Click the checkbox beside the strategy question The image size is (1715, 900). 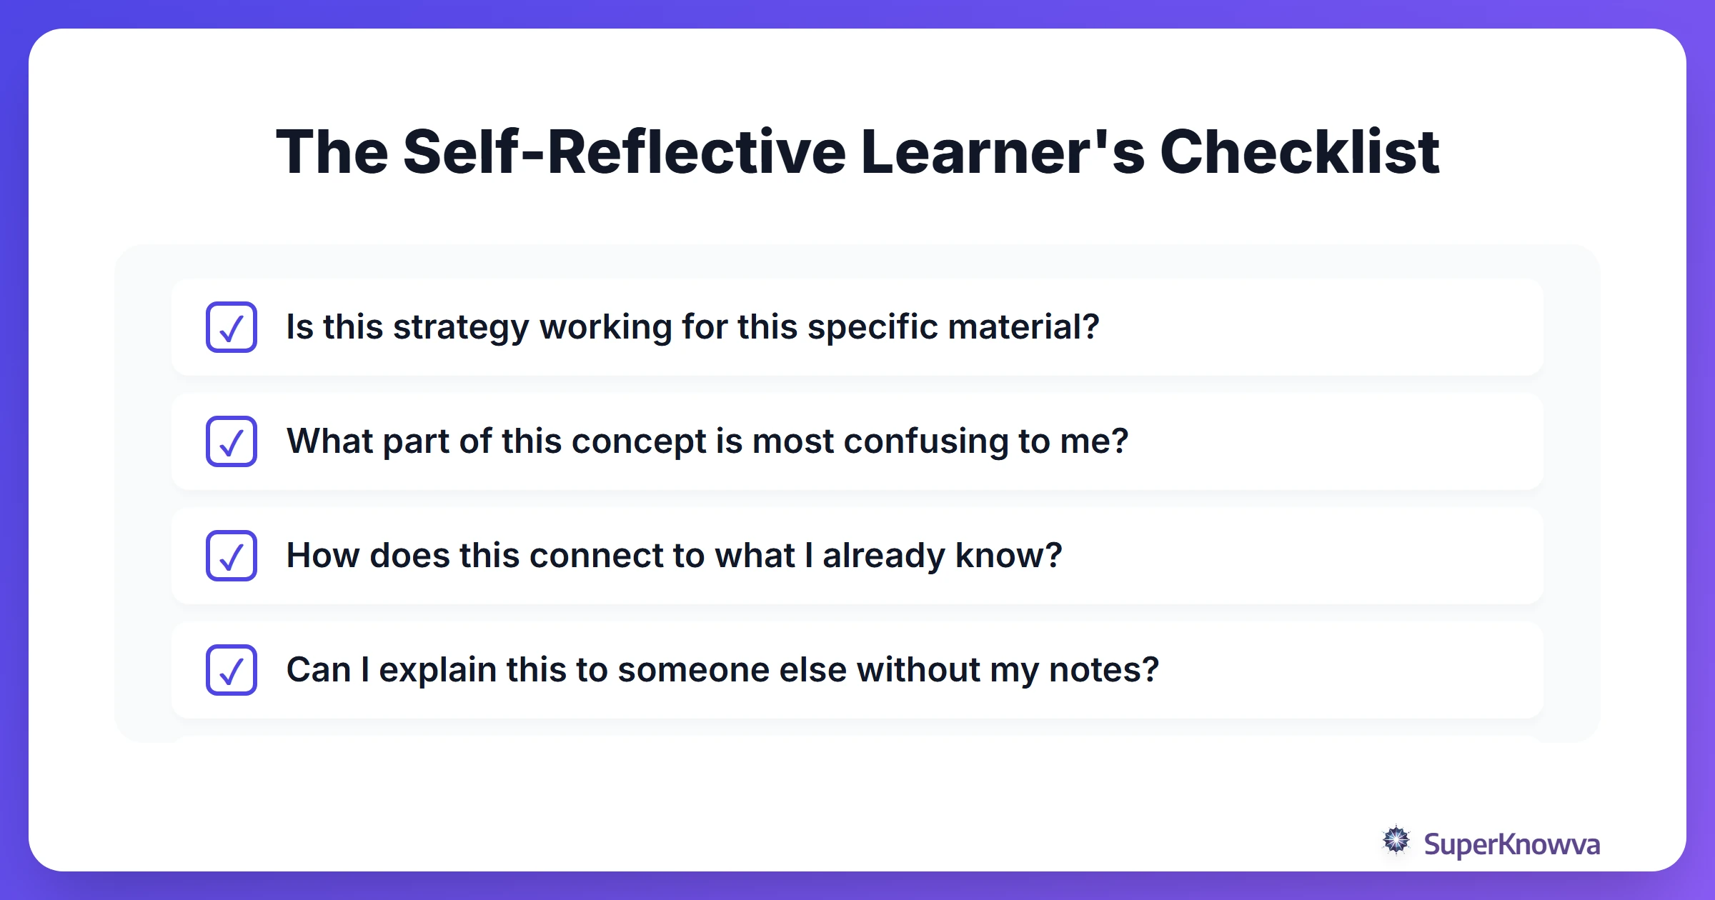click(x=232, y=327)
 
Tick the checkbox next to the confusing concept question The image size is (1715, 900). click(x=232, y=441)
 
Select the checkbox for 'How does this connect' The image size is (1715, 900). click(x=232, y=556)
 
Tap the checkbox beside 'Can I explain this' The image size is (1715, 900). click(x=232, y=670)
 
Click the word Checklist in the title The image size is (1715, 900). click(x=1299, y=151)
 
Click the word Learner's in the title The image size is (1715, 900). click(x=1003, y=151)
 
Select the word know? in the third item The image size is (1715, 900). click(x=1008, y=556)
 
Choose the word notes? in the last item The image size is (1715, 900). click(x=1103, y=670)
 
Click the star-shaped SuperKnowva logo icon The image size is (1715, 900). click(x=1396, y=841)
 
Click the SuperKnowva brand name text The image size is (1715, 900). click(x=1511, y=844)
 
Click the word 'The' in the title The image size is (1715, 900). click(x=332, y=151)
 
